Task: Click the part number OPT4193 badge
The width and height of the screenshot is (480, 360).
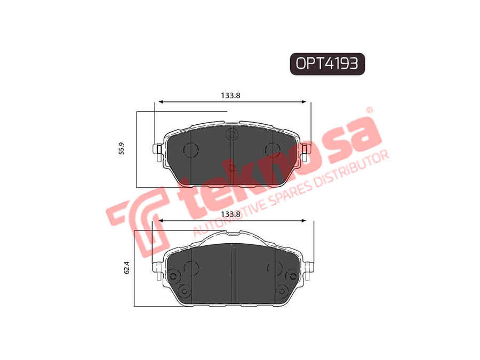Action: tap(327, 64)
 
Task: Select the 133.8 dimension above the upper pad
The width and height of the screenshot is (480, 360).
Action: tap(230, 95)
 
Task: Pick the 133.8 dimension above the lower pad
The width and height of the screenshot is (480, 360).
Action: tap(230, 214)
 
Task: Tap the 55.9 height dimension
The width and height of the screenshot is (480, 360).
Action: tap(122, 148)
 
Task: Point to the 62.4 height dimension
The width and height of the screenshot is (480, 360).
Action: tap(127, 268)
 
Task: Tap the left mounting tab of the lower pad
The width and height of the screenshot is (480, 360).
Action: tap(158, 270)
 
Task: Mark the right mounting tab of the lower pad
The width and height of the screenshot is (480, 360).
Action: tap(309, 270)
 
